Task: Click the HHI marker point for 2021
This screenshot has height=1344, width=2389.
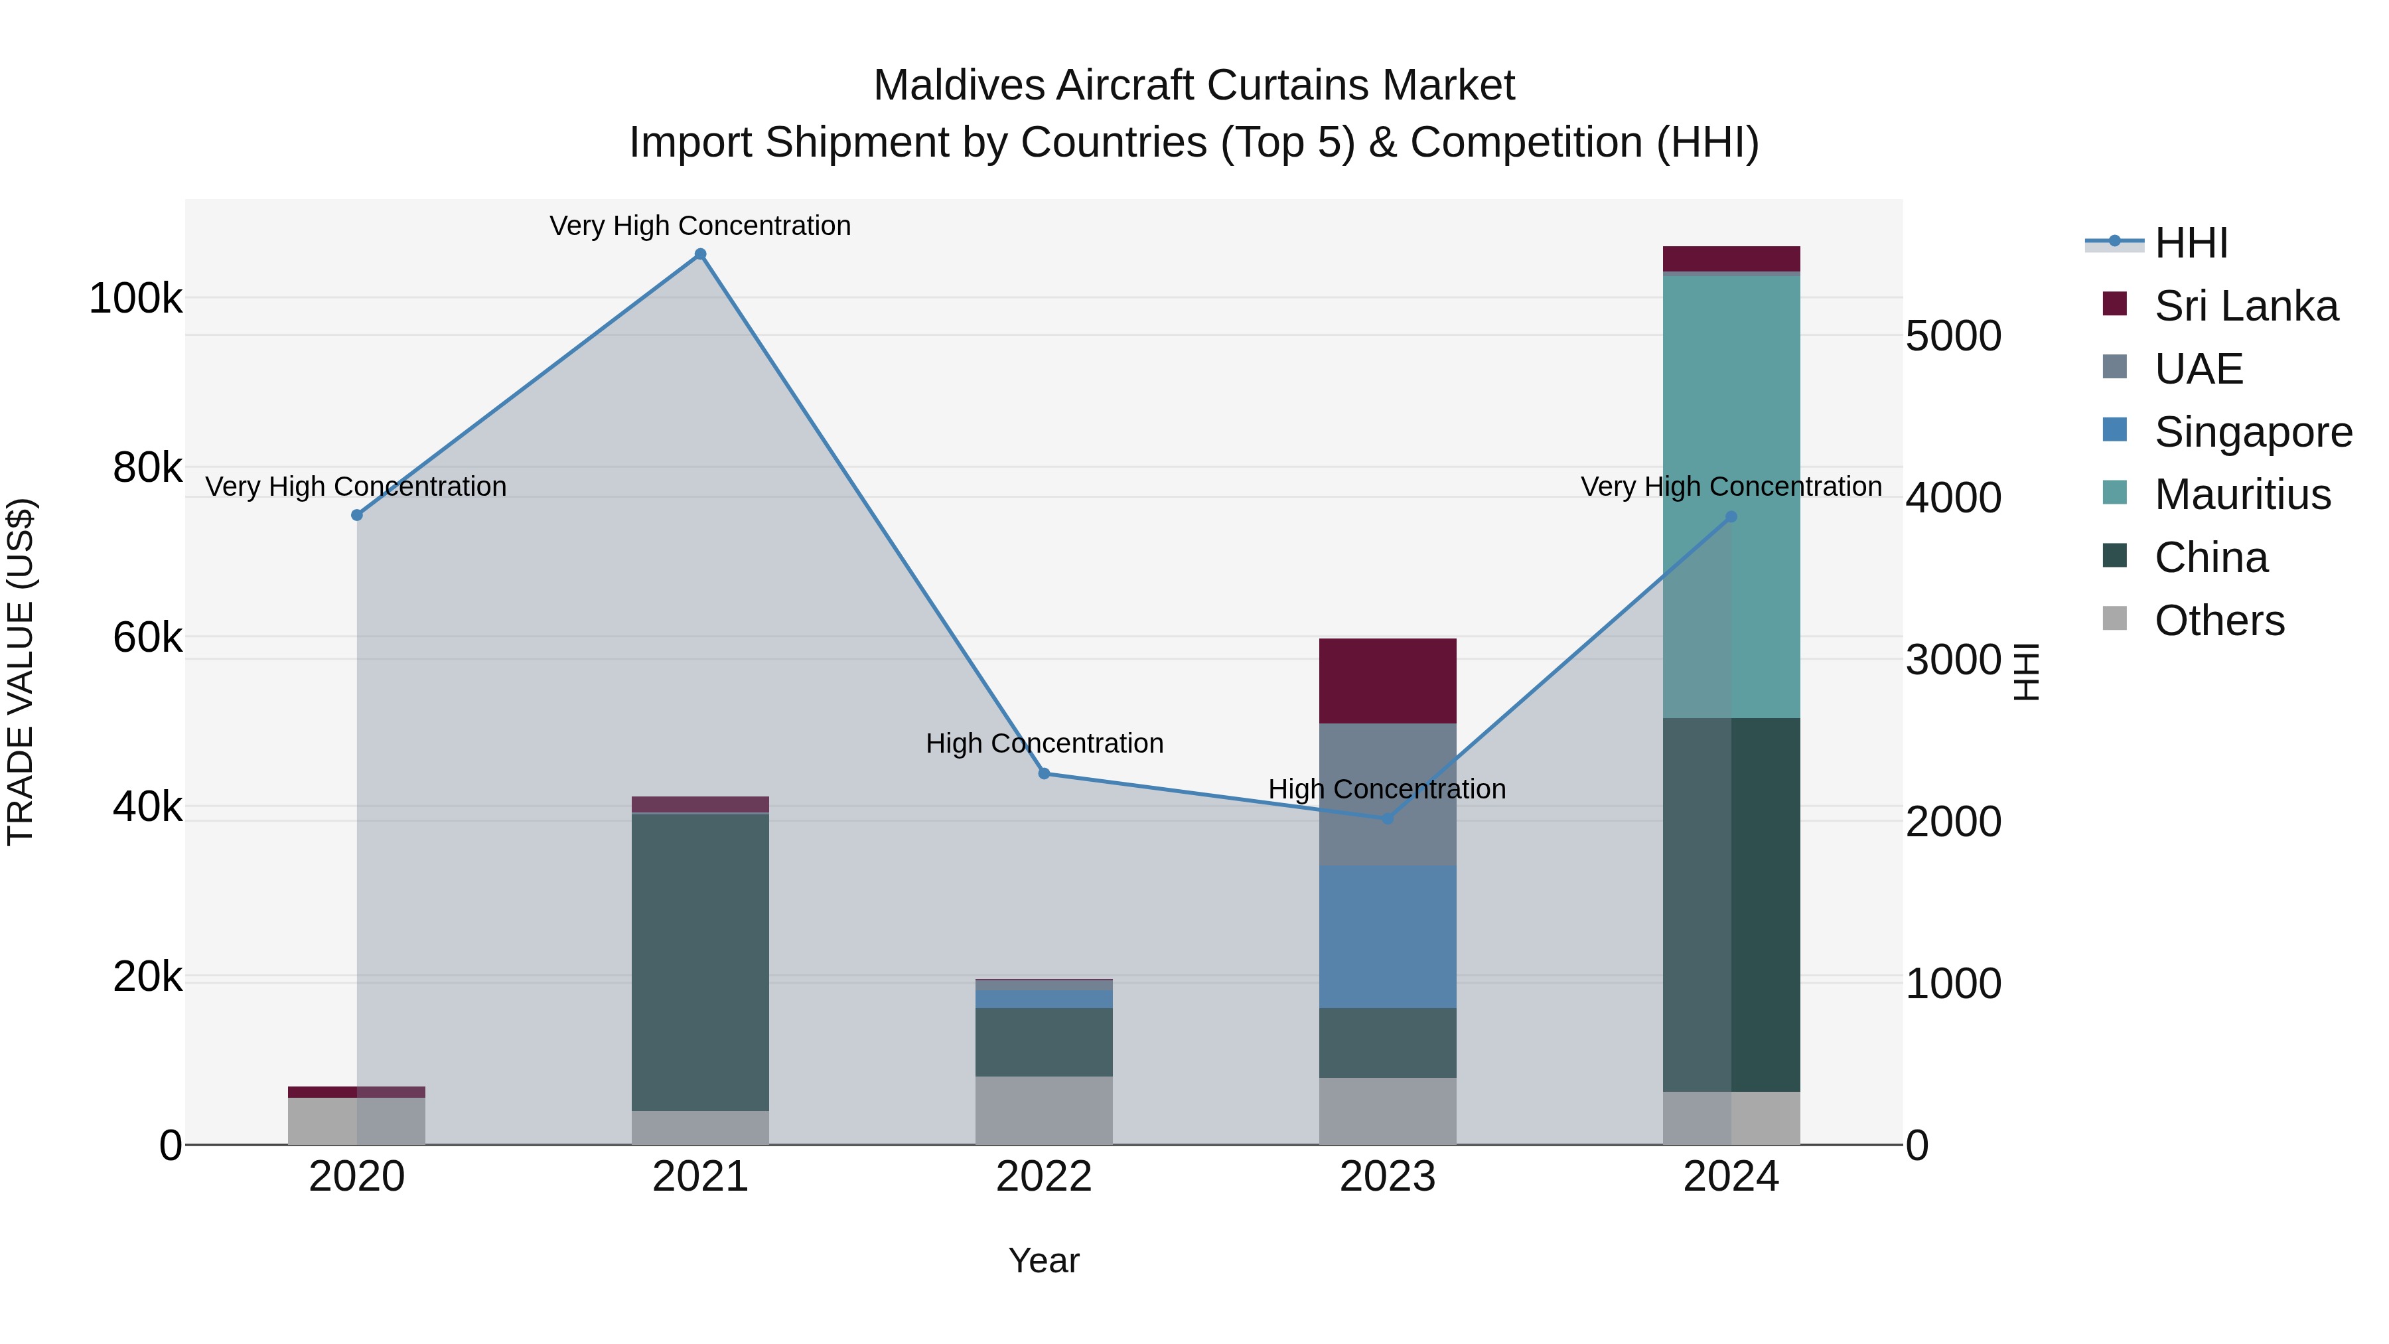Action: click(700, 254)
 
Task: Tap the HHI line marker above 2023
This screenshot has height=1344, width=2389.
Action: click(1388, 818)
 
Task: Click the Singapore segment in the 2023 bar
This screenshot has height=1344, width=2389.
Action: click(1388, 936)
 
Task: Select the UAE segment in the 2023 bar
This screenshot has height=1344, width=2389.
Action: click(1388, 794)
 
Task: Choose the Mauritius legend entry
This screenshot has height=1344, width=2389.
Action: click(2242, 494)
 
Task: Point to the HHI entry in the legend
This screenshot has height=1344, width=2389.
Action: click(2191, 243)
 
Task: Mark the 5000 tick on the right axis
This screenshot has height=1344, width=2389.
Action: click(1953, 336)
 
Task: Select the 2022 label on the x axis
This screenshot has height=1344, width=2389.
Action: click(1043, 1177)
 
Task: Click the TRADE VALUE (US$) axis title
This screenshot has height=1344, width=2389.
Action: click(21, 672)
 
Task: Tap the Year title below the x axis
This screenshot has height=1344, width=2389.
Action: click(1043, 1260)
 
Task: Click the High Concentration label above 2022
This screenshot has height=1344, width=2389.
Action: click(1043, 743)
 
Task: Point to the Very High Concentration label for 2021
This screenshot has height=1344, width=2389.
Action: click(700, 226)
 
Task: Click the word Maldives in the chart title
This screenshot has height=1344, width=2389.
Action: click(958, 86)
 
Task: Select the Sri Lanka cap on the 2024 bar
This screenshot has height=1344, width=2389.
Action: click(1731, 258)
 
